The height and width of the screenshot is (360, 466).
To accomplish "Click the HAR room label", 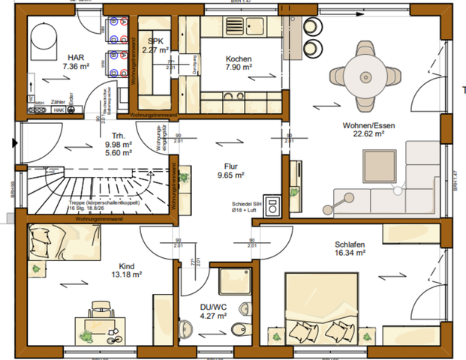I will tap(75, 57).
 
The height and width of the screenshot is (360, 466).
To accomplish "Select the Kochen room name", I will tap(239, 59).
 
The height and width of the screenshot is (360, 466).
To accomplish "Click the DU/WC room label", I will tap(213, 307).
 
